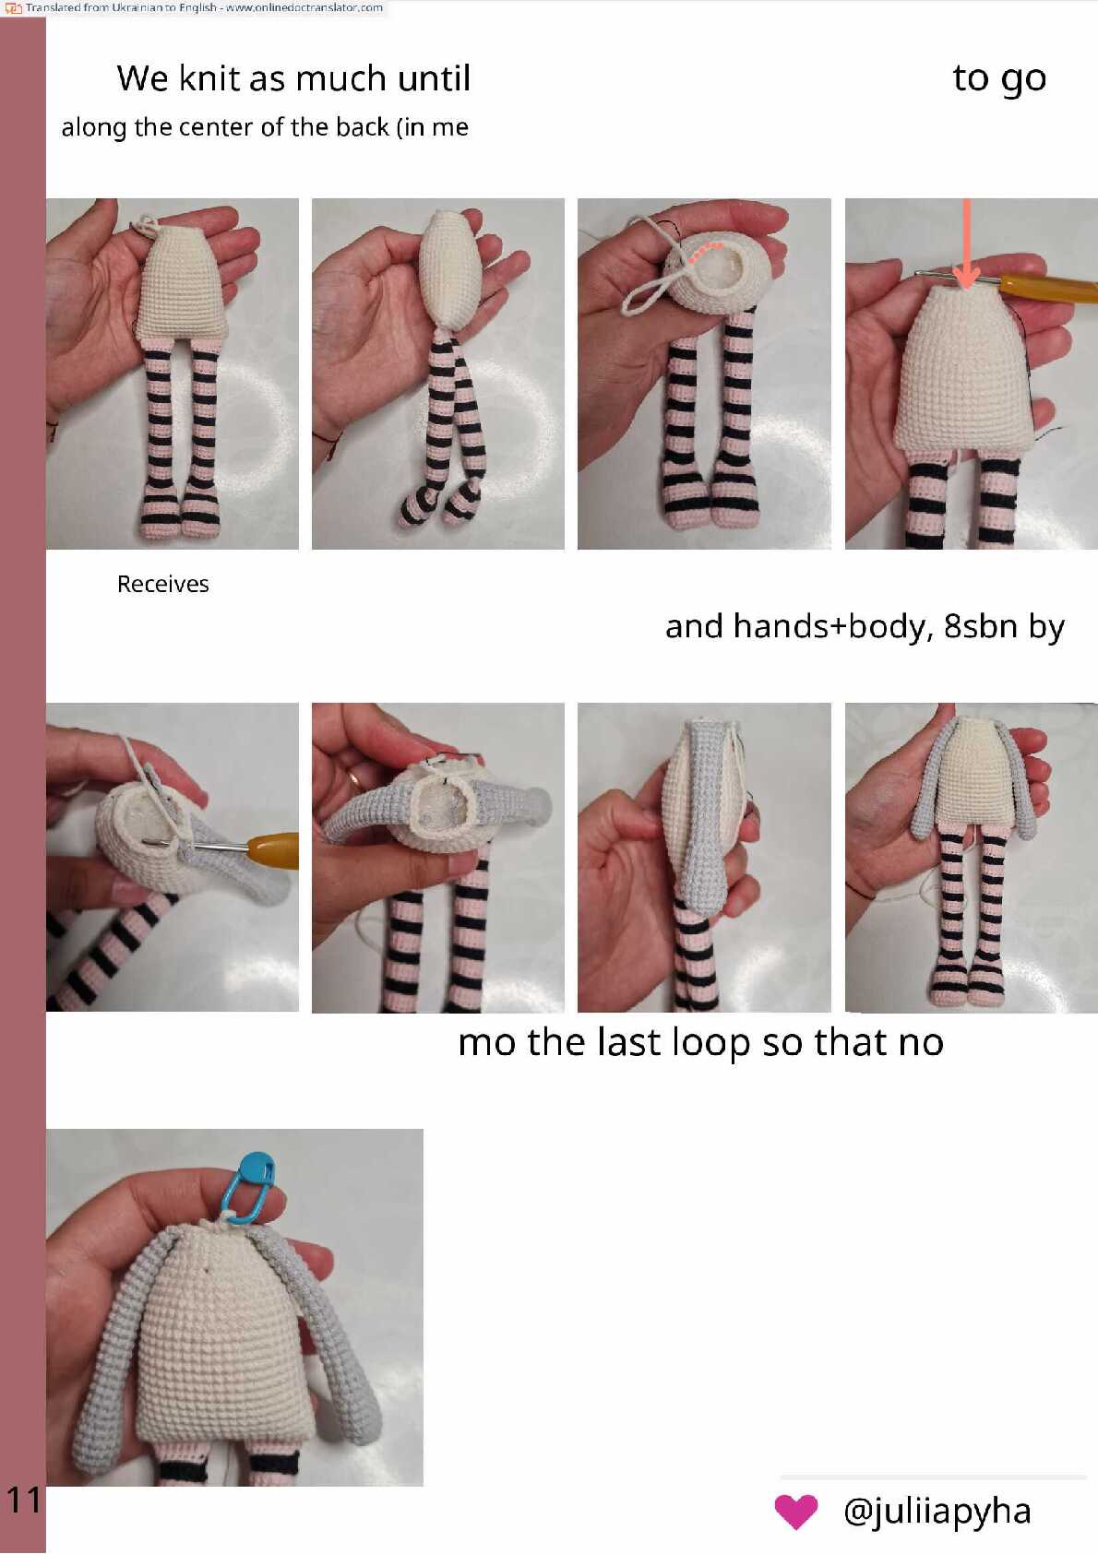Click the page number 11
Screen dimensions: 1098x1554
[x=24, y=1500]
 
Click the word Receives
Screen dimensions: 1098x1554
[x=163, y=584]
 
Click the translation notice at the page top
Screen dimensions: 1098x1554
[x=195, y=7]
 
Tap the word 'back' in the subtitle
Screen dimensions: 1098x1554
[x=363, y=127]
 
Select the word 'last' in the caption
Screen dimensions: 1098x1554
[x=627, y=1042]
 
